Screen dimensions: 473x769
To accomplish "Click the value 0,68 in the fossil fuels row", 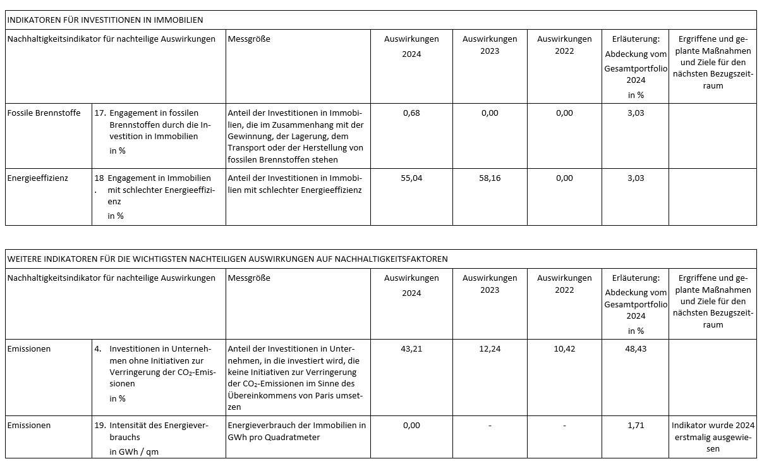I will click(x=411, y=113).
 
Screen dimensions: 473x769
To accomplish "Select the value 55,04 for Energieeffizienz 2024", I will click(x=411, y=178).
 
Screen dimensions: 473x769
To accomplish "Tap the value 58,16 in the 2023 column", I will click(x=490, y=178).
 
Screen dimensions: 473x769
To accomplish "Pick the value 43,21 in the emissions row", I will click(x=411, y=349).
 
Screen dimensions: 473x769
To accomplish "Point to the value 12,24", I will click(x=490, y=349).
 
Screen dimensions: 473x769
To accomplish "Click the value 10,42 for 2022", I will click(x=564, y=349).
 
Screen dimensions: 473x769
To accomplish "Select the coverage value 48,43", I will click(x=636, y=349).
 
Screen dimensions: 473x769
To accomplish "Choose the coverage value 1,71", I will click(x=636, y=426).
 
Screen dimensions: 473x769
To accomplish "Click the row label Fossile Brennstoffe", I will click(x=44, y=113).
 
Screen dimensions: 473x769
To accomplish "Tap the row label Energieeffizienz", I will click(x=37, y=178).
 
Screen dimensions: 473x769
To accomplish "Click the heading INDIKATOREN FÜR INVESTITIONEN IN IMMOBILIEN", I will click(x=105, y=20).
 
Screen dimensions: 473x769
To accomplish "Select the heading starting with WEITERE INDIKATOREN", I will click(x=227, y=259).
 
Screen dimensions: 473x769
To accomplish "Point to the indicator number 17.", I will click(x=99, y=113).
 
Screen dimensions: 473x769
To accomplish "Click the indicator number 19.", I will click(x=99, y=426).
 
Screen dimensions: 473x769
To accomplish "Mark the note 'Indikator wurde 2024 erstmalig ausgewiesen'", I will click(x=713, y=436).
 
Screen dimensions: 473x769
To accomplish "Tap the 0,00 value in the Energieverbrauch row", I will click(x=411, y=426).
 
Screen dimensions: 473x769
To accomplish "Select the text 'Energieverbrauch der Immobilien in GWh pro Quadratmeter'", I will click(x=296, y=431).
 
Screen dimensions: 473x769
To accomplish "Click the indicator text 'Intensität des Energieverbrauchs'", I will click(x=158, y=431).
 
